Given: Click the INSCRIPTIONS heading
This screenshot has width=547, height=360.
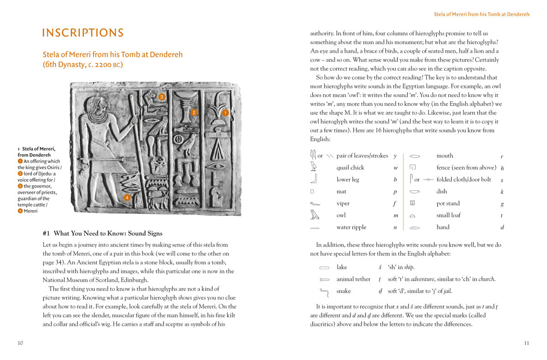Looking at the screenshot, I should tap(83, 33).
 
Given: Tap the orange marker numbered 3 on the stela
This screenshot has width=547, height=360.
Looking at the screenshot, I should tap(161, 97).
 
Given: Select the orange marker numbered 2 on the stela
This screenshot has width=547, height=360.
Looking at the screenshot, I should tap(194, 112).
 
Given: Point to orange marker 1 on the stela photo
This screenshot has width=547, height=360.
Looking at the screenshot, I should tap(225, 113).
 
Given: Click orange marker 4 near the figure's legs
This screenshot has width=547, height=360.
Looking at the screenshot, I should tap(127, 197).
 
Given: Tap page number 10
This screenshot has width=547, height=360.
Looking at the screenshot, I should tap(20, 343).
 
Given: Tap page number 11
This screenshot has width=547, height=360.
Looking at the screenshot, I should tap(526, 343).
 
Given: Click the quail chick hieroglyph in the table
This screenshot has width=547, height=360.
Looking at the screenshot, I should tap(314, 167).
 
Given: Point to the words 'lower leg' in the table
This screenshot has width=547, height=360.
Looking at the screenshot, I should tap(348, 180).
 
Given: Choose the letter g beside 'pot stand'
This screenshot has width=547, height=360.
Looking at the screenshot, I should tap(502, 204).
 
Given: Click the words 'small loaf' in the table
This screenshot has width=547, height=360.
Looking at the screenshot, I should tap(449, 216).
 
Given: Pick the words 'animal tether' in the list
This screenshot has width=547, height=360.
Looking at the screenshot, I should tap(353, 279).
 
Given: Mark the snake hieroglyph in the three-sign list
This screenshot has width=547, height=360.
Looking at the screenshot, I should tap(324, 291).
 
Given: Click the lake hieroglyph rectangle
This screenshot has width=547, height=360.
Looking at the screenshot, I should tap(324, 267).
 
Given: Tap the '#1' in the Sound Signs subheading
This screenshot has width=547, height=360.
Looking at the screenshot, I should tap(46, 234).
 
